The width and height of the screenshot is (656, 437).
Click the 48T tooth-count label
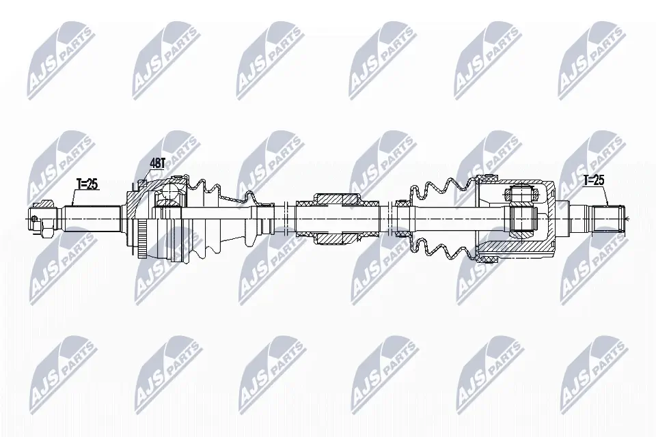click(159, 163)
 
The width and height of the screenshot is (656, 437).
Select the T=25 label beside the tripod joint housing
click(594, 181)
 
